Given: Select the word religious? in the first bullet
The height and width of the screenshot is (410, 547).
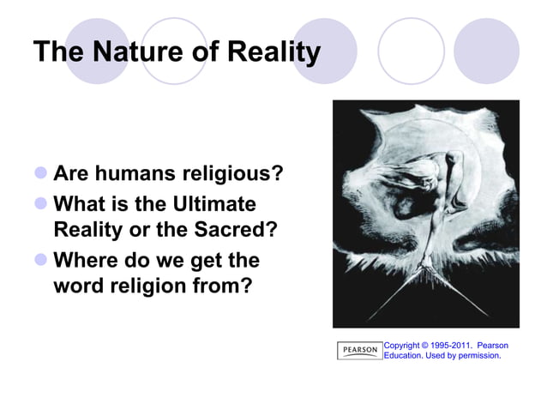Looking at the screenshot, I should click(231, 175).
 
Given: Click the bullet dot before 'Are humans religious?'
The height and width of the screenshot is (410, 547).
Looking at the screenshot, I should click(39, 175).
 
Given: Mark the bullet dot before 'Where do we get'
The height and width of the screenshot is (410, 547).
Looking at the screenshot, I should click(39, 259).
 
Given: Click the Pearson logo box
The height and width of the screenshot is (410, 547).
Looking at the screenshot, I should click(359, 350).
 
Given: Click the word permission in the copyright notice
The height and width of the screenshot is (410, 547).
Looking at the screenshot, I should click(477, 355).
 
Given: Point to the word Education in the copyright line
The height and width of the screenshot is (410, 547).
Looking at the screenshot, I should click(403, 355).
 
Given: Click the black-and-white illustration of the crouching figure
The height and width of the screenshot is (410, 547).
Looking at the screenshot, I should click(425, 214).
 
